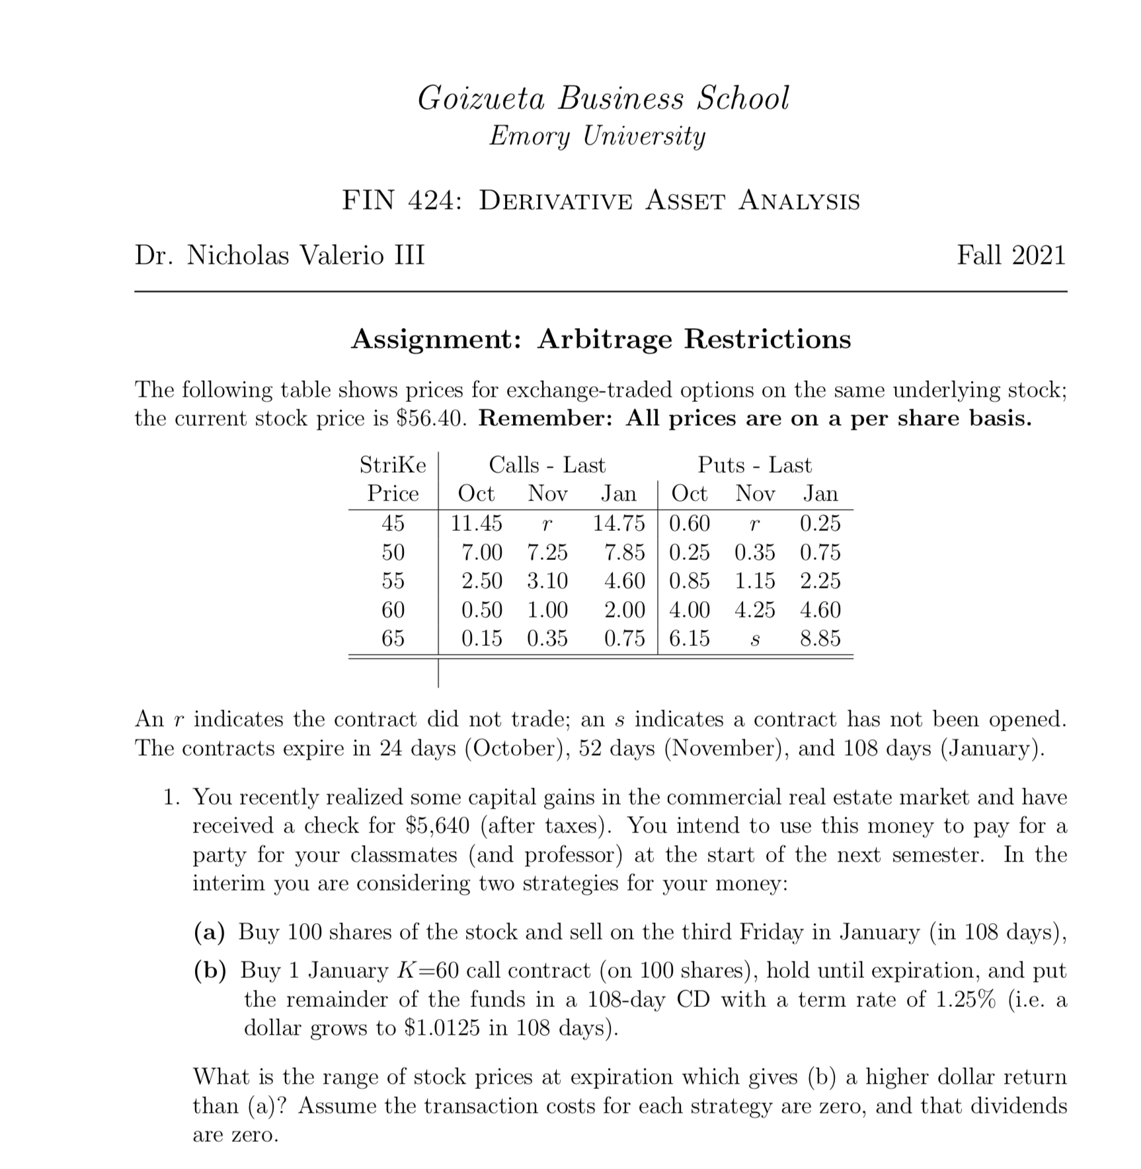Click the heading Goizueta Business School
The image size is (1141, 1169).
603,98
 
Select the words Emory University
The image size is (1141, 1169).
597,136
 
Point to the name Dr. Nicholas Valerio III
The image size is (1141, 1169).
280,255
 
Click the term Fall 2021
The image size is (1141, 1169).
1011,255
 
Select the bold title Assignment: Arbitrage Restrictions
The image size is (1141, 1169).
601,339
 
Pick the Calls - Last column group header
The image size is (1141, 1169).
547,465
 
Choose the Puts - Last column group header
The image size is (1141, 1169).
754,465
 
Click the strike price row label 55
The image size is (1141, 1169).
393,581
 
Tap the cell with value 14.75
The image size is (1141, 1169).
618,523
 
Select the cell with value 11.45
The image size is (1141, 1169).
476,523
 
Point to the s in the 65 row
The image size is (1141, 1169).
754,639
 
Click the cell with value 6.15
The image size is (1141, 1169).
689,638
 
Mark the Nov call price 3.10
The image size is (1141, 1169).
547,581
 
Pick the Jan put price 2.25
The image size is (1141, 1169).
820,581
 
